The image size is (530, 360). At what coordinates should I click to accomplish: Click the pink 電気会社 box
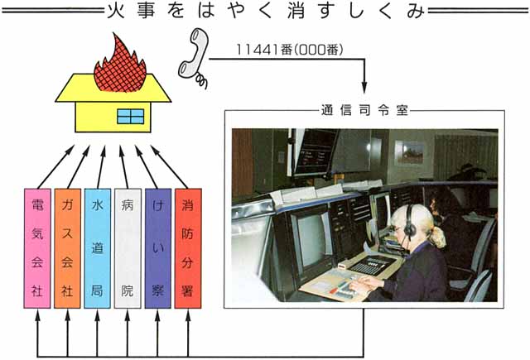(x=38, y=249)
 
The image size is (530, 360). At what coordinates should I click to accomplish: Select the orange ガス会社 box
(x=68, y=249)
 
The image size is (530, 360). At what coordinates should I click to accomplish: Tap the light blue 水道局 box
(x=98, y=249)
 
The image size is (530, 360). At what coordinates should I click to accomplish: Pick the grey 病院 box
(x=128, y=249)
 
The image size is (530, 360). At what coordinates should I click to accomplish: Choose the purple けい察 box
(x=157, y=249)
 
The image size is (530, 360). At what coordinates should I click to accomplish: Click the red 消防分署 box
(x=188, y=249)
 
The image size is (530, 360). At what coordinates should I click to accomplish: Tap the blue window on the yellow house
(x=129, y=115)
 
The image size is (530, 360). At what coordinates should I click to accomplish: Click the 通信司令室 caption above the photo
(x=362, y=109)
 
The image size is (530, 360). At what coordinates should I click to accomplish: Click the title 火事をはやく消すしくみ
(x=265, y=11)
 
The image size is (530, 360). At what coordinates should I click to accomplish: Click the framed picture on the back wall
(x=409, y=152)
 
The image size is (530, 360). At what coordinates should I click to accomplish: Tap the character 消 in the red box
(x=188, y=204)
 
